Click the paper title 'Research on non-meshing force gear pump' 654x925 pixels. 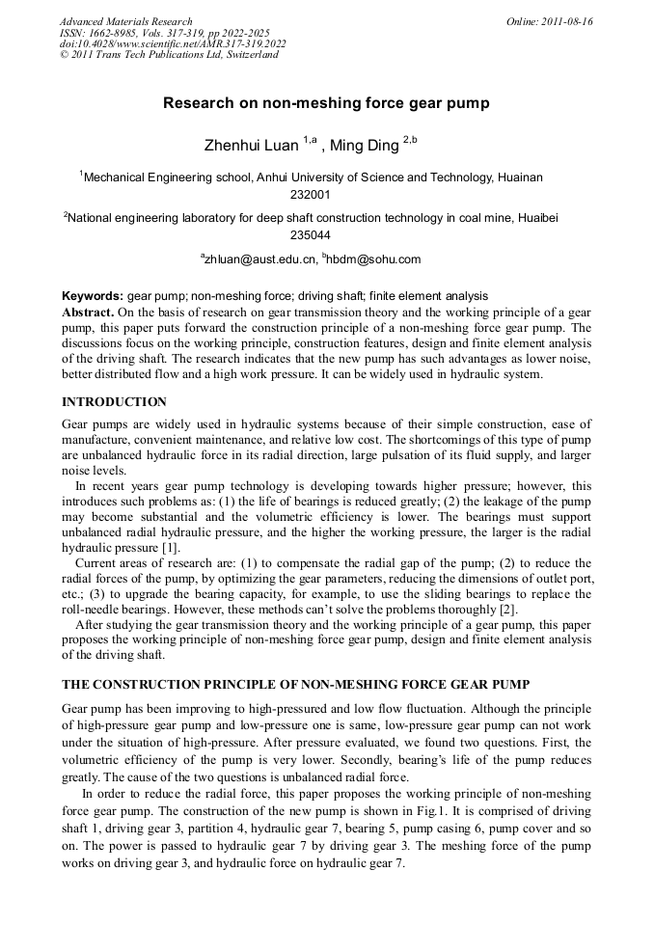pyautogui.click(x=326, y=102)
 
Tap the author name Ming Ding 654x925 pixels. pyautogui.click(x=364, y=146)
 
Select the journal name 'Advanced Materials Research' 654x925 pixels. pyautogui.click(x=125, y=21)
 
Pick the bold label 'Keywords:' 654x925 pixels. pyautogui.click(x=93, y=296)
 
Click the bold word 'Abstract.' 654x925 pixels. pyautogui.click(x=88, y=313)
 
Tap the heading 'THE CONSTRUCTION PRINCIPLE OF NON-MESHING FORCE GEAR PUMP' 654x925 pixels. pyautogui.click(x=295, y=684)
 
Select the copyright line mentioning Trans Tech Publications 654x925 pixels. pyautogui.click(x=169, y=55)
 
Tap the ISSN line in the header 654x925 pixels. pyautogui.click(x=164, y=33)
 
